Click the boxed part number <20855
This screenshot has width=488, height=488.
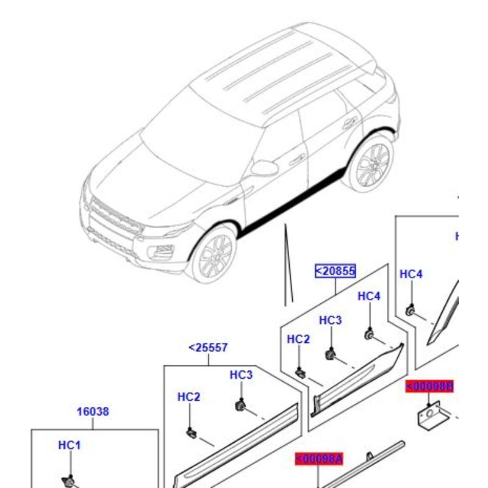coord(335,271)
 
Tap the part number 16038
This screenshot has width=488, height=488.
coord(93,412)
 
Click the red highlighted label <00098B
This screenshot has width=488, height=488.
coord(430,386)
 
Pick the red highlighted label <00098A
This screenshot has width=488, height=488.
coord(319,459)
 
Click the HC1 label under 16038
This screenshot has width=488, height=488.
coord(69,445)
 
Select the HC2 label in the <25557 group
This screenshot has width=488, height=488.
coord(188,397)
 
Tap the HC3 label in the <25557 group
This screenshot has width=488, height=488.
coord(241,375)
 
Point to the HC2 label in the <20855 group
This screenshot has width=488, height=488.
coord(298,339)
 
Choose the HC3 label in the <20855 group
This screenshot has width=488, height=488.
coord(330,320)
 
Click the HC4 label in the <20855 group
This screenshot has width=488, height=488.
coord(368,296)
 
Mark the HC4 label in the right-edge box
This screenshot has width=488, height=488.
coord(411,274)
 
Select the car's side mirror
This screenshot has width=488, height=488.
coord(264,168)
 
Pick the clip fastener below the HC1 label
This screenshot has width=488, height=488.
coord(71,482)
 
